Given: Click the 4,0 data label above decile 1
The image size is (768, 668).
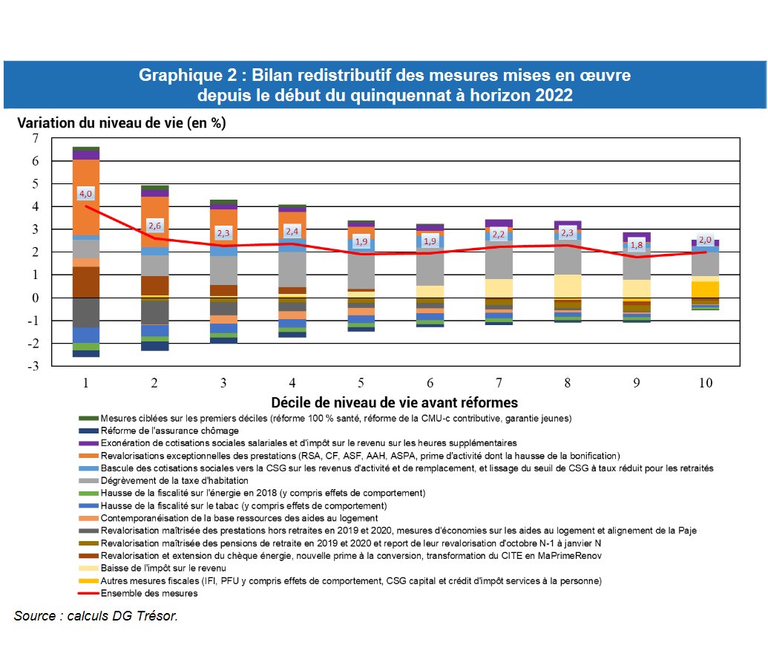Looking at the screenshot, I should (85, 194).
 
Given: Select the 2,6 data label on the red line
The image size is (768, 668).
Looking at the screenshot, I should (154, 225).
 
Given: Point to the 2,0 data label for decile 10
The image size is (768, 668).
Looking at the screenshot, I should (705, 240).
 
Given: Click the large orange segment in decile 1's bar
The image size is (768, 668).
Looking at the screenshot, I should (86, 196).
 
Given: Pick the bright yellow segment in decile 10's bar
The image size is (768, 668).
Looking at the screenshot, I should (706, 289).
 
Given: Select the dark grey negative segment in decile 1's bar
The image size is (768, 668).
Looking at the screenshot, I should (86, 312).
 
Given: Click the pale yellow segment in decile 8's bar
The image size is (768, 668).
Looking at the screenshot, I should (568, 286).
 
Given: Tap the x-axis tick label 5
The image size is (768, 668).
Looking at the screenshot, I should (361, 383).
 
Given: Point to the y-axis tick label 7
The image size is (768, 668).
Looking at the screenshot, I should (35, 138).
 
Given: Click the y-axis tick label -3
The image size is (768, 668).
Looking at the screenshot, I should (33, 366).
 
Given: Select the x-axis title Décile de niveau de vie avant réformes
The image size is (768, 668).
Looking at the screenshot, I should (394, 403).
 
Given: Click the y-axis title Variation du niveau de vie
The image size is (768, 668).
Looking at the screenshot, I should (121, 123).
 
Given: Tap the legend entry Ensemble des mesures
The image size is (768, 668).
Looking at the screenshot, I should (148, 594).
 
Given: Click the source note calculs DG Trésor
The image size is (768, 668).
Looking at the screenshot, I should (96, 616).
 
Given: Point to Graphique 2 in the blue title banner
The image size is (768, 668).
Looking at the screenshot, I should (189, 76).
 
